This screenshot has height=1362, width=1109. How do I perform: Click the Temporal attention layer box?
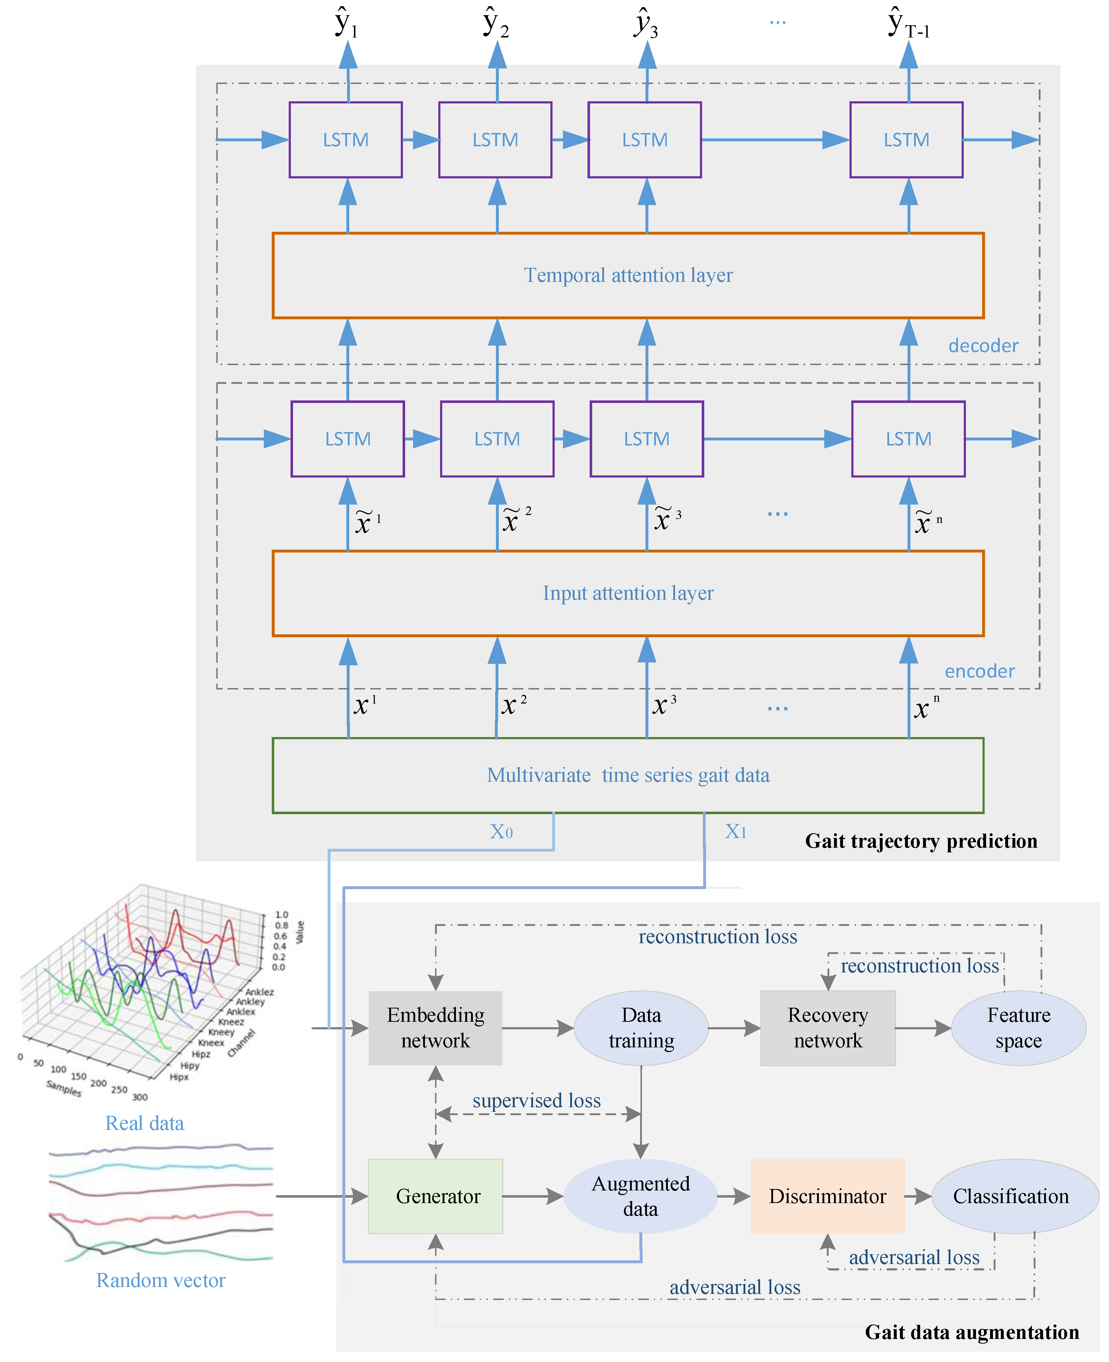point(627,275)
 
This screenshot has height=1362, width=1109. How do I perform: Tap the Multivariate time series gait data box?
point(627,775)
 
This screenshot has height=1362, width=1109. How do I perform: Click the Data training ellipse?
point(641,1027)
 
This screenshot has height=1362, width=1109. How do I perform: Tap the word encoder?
point(979,671)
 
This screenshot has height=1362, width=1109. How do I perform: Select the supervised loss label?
point(537,1100)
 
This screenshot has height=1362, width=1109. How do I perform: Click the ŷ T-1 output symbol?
point(908,24)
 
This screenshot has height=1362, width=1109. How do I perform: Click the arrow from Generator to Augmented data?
point(532,1196)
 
